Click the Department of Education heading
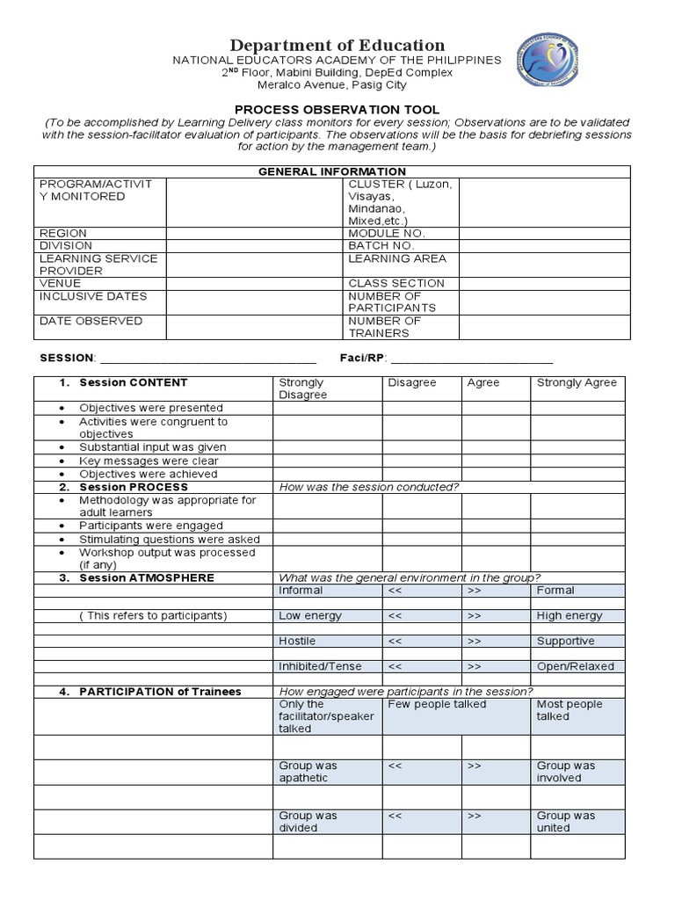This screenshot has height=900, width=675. pos(337,45)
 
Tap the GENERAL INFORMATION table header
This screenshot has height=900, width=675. pos(331,171)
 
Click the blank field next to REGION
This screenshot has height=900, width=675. pos(254,234)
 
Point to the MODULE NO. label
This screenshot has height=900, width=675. pos(387,234)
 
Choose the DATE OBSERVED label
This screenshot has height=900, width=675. pos(91,322)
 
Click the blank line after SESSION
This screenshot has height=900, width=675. pos(208,359)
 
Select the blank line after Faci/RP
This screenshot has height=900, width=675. pos(472,359)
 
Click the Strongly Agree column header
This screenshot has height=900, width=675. pos(577,383)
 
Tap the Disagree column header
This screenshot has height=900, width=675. pos(412,383)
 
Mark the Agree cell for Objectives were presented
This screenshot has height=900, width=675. pos(496,408)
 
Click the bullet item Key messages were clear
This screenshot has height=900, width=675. pos(149,461)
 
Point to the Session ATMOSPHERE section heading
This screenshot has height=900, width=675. pos(146,578)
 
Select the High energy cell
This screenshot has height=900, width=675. pos(569,616)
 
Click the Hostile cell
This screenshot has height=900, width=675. pos(297,642)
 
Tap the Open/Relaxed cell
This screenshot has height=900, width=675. pos(576,666)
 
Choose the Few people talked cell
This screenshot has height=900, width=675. pos(437,705)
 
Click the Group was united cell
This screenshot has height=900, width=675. pos(566,822)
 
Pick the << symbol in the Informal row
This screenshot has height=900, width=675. pos(395,591)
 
